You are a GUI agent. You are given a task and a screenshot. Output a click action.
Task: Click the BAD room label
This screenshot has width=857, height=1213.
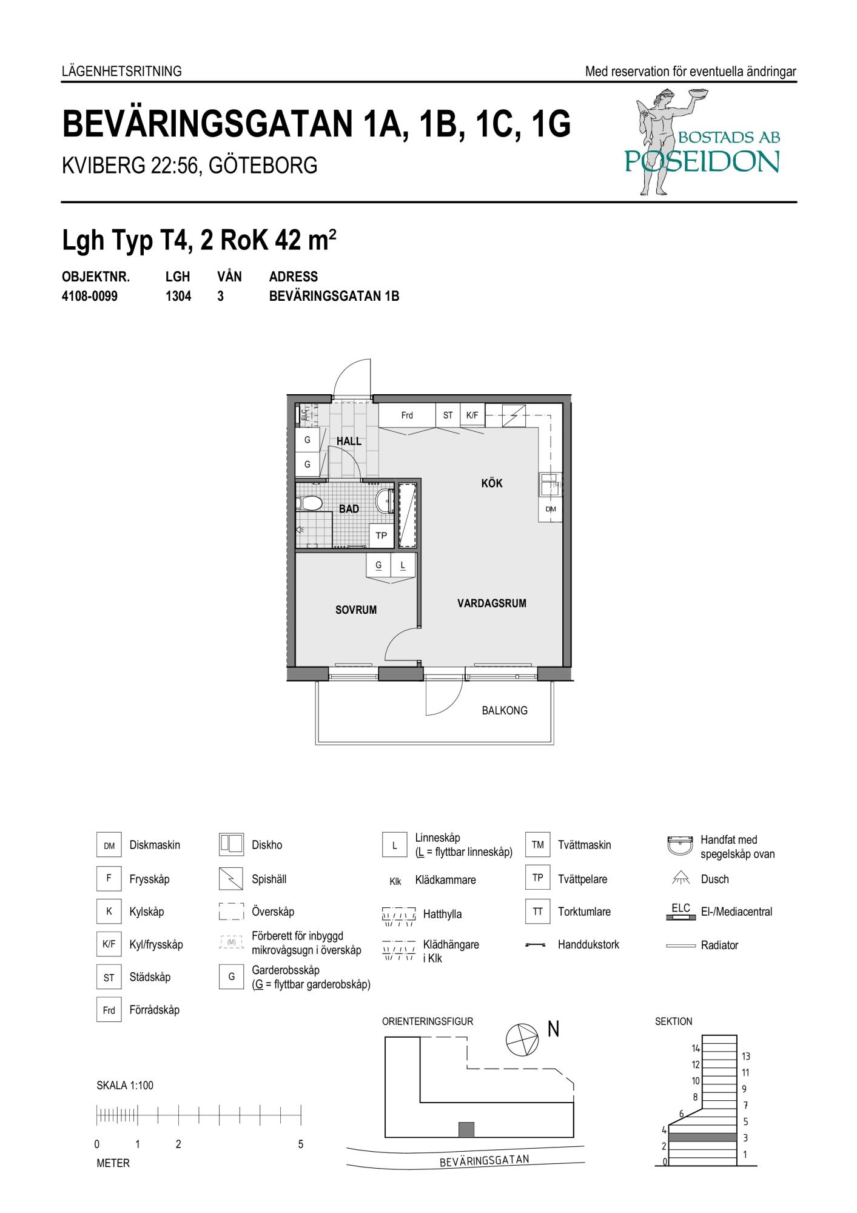pos(349,509)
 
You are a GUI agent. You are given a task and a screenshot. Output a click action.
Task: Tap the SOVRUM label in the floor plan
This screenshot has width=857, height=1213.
pos(356,610)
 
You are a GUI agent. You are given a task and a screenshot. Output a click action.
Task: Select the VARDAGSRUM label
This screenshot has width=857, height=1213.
pos(492,603)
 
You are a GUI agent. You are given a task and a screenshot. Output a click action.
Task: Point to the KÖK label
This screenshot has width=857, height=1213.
pos(492,483)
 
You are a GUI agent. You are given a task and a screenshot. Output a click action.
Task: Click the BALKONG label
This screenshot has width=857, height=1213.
pos(505,710)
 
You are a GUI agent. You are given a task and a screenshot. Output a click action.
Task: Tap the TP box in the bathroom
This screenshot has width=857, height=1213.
pos(381,536)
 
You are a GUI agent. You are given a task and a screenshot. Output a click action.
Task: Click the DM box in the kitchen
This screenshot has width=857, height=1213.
pos(551,509)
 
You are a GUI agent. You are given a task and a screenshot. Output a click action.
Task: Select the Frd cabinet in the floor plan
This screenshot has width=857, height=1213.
pos(407,415)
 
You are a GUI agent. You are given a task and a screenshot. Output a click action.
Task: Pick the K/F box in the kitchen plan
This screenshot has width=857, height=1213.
pos(472,415)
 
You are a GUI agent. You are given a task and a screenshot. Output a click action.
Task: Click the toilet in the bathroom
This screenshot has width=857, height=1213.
pos(309,503)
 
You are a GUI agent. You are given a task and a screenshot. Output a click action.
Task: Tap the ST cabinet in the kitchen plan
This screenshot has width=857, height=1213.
pos(448,415)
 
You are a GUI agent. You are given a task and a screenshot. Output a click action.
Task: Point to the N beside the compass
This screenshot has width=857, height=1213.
pos(553,1029)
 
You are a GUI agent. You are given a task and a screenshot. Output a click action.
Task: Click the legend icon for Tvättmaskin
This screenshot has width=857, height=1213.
pos(538,845)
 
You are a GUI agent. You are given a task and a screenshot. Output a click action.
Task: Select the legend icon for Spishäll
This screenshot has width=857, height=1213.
pos(231,878)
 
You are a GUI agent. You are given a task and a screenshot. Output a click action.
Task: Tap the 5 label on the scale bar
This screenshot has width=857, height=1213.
pos(301,1144)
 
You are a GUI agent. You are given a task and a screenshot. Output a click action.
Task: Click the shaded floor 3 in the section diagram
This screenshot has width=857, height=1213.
pos(703,1137)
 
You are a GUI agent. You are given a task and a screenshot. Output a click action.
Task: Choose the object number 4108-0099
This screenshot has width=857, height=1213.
pos(90,297)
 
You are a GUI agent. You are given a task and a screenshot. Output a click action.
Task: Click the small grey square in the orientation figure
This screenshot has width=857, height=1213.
pos(466,1129)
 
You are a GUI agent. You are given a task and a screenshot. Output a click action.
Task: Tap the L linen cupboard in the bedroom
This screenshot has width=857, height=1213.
pos(403,565)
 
